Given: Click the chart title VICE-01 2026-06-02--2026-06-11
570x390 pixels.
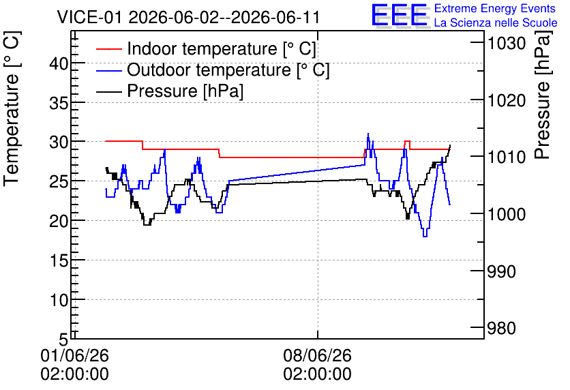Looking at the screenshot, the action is [x=188, y=17].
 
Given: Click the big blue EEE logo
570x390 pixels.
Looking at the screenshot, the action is [x=400, y=15].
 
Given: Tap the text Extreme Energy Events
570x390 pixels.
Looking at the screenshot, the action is [x=495, y=8].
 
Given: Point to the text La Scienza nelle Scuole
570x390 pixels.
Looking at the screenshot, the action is [x=496, y=22].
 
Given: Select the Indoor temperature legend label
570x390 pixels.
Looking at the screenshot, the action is [x=222, y=48].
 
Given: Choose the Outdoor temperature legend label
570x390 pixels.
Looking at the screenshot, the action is [x=228, y=70].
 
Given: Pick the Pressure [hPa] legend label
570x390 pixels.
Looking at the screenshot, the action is [x=185, y=91].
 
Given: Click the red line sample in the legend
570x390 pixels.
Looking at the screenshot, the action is [x=108, y=48].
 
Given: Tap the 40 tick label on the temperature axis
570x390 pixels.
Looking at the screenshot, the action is [x=59, y=64].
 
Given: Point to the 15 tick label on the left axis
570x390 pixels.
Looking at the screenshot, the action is [x=59, y=260].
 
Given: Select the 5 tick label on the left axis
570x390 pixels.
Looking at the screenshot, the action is [x=63, y=340].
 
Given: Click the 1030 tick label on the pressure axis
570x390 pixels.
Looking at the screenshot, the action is [x=507, y=44].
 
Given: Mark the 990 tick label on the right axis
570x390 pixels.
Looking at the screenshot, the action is [x=501, y=271].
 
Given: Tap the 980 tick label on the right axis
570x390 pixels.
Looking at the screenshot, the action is [x=501, y=328].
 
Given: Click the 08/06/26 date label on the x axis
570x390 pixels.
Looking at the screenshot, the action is [x=317, y=355].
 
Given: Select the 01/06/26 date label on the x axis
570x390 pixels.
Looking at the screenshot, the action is [x=74, y=355].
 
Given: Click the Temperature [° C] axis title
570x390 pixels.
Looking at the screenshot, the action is [x=12, y=108].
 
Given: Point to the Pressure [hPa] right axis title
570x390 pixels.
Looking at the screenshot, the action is [x=543, y=95].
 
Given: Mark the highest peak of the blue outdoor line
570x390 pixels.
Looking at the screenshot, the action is [x=368, y=134].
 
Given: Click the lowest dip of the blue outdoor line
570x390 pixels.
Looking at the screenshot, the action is [x=425, y=237].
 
